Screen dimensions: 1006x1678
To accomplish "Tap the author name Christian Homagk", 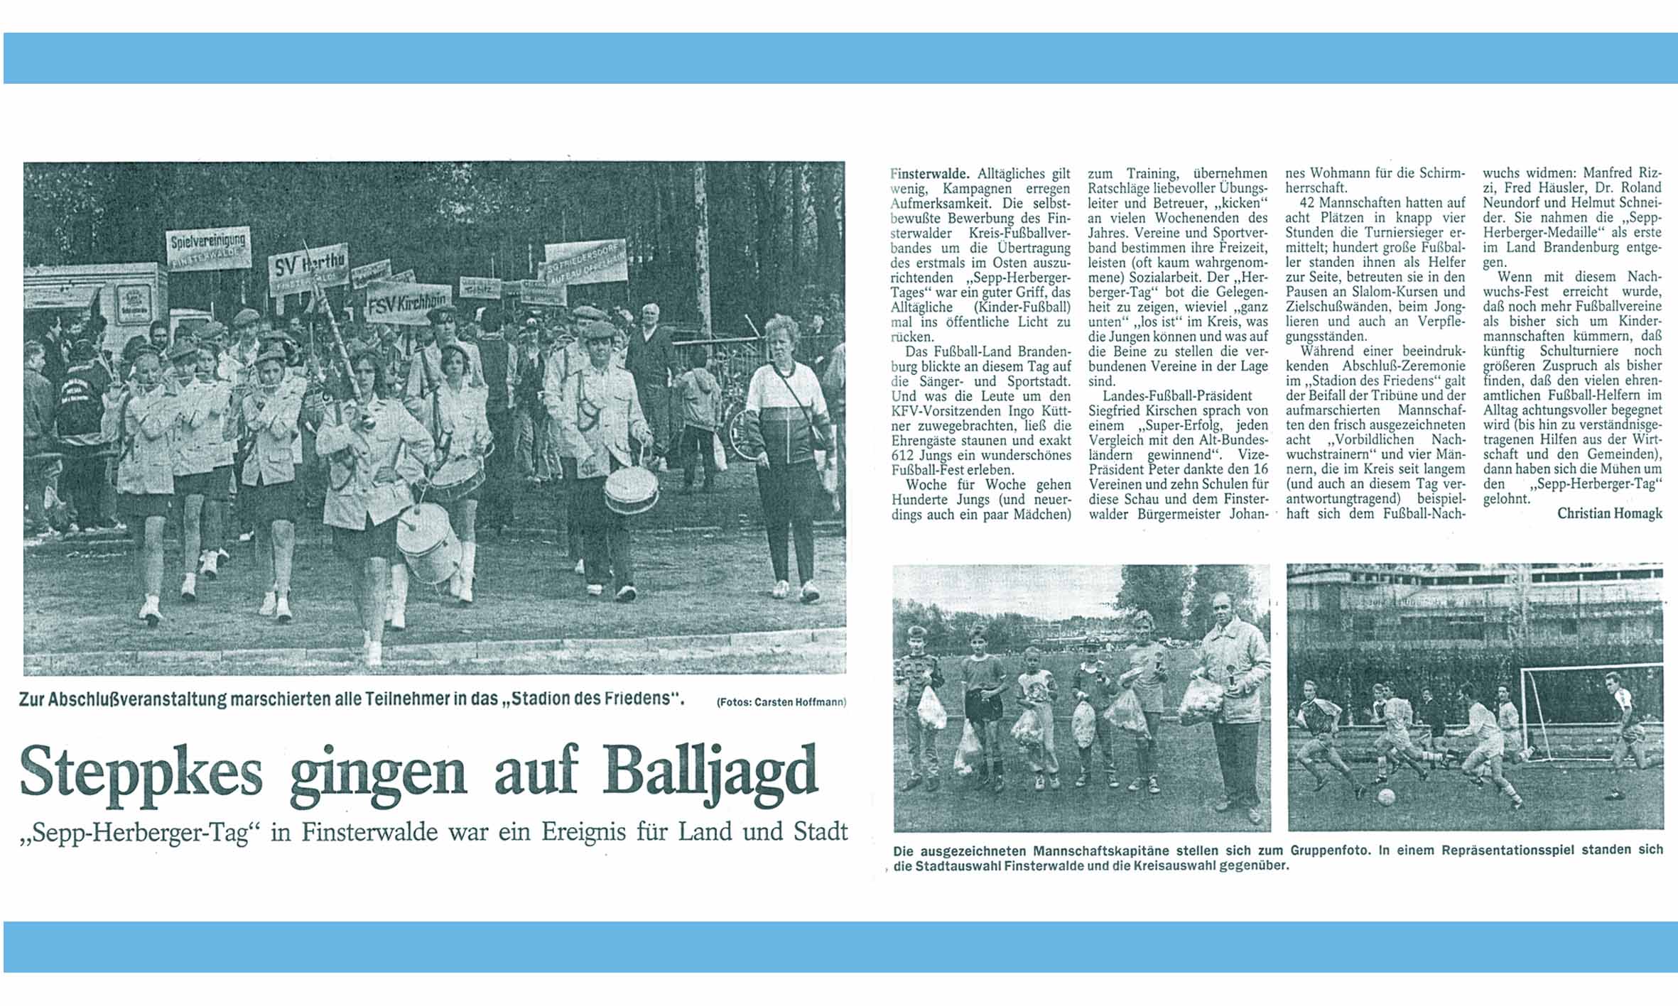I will pyautogui.click(x=1609, y=513).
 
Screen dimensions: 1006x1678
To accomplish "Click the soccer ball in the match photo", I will pyautogui.click(x=1385, y=797).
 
